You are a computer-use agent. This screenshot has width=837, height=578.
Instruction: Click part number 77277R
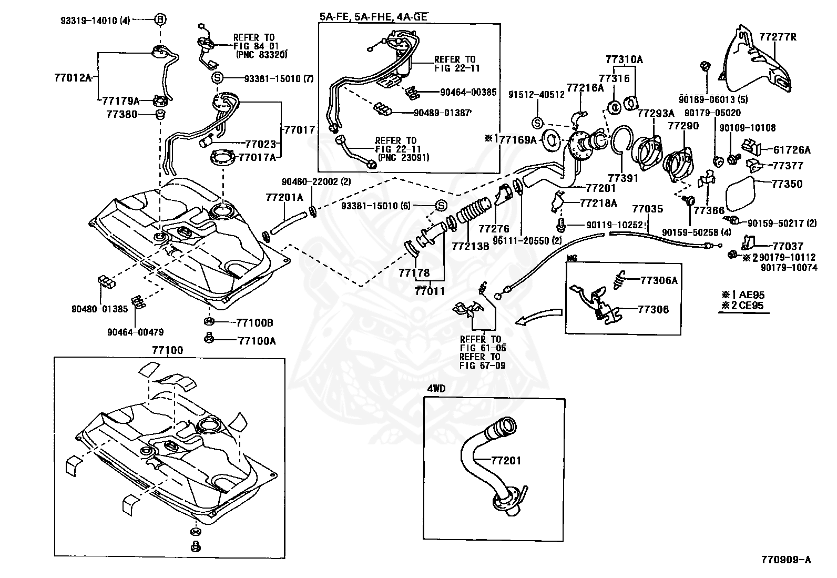(x=778, y=37)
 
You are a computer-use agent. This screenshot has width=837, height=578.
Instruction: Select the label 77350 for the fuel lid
(x=787, y=184)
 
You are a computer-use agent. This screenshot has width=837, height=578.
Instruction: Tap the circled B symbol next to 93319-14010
(x=160, y=20)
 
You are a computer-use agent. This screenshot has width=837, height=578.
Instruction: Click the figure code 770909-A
(x=785, y=560)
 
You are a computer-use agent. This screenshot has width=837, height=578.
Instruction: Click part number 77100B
(x=255, y=322)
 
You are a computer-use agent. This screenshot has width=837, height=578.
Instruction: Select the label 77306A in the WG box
(x=659, y=280)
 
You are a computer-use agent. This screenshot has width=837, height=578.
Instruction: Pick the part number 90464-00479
(x=135, y=332)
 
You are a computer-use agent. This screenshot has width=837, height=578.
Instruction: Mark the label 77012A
(x=73, y=77)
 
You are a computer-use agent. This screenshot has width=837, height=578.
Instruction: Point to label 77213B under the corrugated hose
(x=470, y=245)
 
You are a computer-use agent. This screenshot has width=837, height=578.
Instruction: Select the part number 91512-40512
(x=536, y=95)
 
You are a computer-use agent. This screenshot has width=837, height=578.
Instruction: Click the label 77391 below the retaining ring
(x=623, y=178)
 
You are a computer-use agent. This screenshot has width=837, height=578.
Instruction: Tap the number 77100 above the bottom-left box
(x=168, y=350)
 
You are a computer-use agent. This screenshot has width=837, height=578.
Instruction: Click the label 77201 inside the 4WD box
(x=506, y=461)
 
